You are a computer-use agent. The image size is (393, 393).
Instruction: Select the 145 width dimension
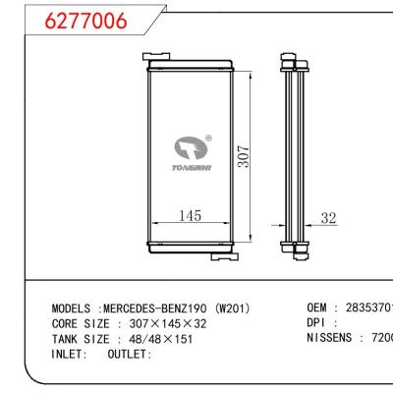[190, 216]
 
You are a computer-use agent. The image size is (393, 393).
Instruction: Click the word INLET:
[71, 354]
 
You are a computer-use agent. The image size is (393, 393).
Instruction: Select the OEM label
[319, 308]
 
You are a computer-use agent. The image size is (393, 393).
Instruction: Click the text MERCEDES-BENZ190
[157, 308]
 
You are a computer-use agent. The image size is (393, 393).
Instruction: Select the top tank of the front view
[190, 65]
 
